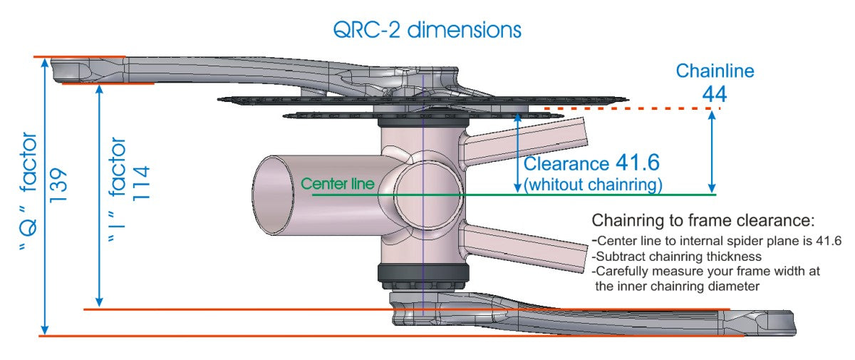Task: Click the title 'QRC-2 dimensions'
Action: [x=427, y=30]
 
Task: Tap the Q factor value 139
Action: [x=58, y=185]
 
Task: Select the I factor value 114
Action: [x=141, y=183]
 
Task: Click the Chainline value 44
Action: [x=715, y=94]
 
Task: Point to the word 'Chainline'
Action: [x=715, y=71]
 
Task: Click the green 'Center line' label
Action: [x=338, y=184]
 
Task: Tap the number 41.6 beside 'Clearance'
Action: [x=638, y=163]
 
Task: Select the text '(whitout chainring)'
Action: [x=593, y=185]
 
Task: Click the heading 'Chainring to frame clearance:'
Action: [x=703, y=220]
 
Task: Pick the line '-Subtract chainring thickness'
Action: [x=676, y=256]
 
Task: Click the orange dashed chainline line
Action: [x=632, y=109]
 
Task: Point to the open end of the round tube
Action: [x=273, y=195]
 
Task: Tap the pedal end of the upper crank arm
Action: [x=71, y=71]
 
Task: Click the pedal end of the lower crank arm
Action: [x=775, y=323]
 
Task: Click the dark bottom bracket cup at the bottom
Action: [x=423, y=274]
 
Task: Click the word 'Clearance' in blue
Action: [x=566, y=164]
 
